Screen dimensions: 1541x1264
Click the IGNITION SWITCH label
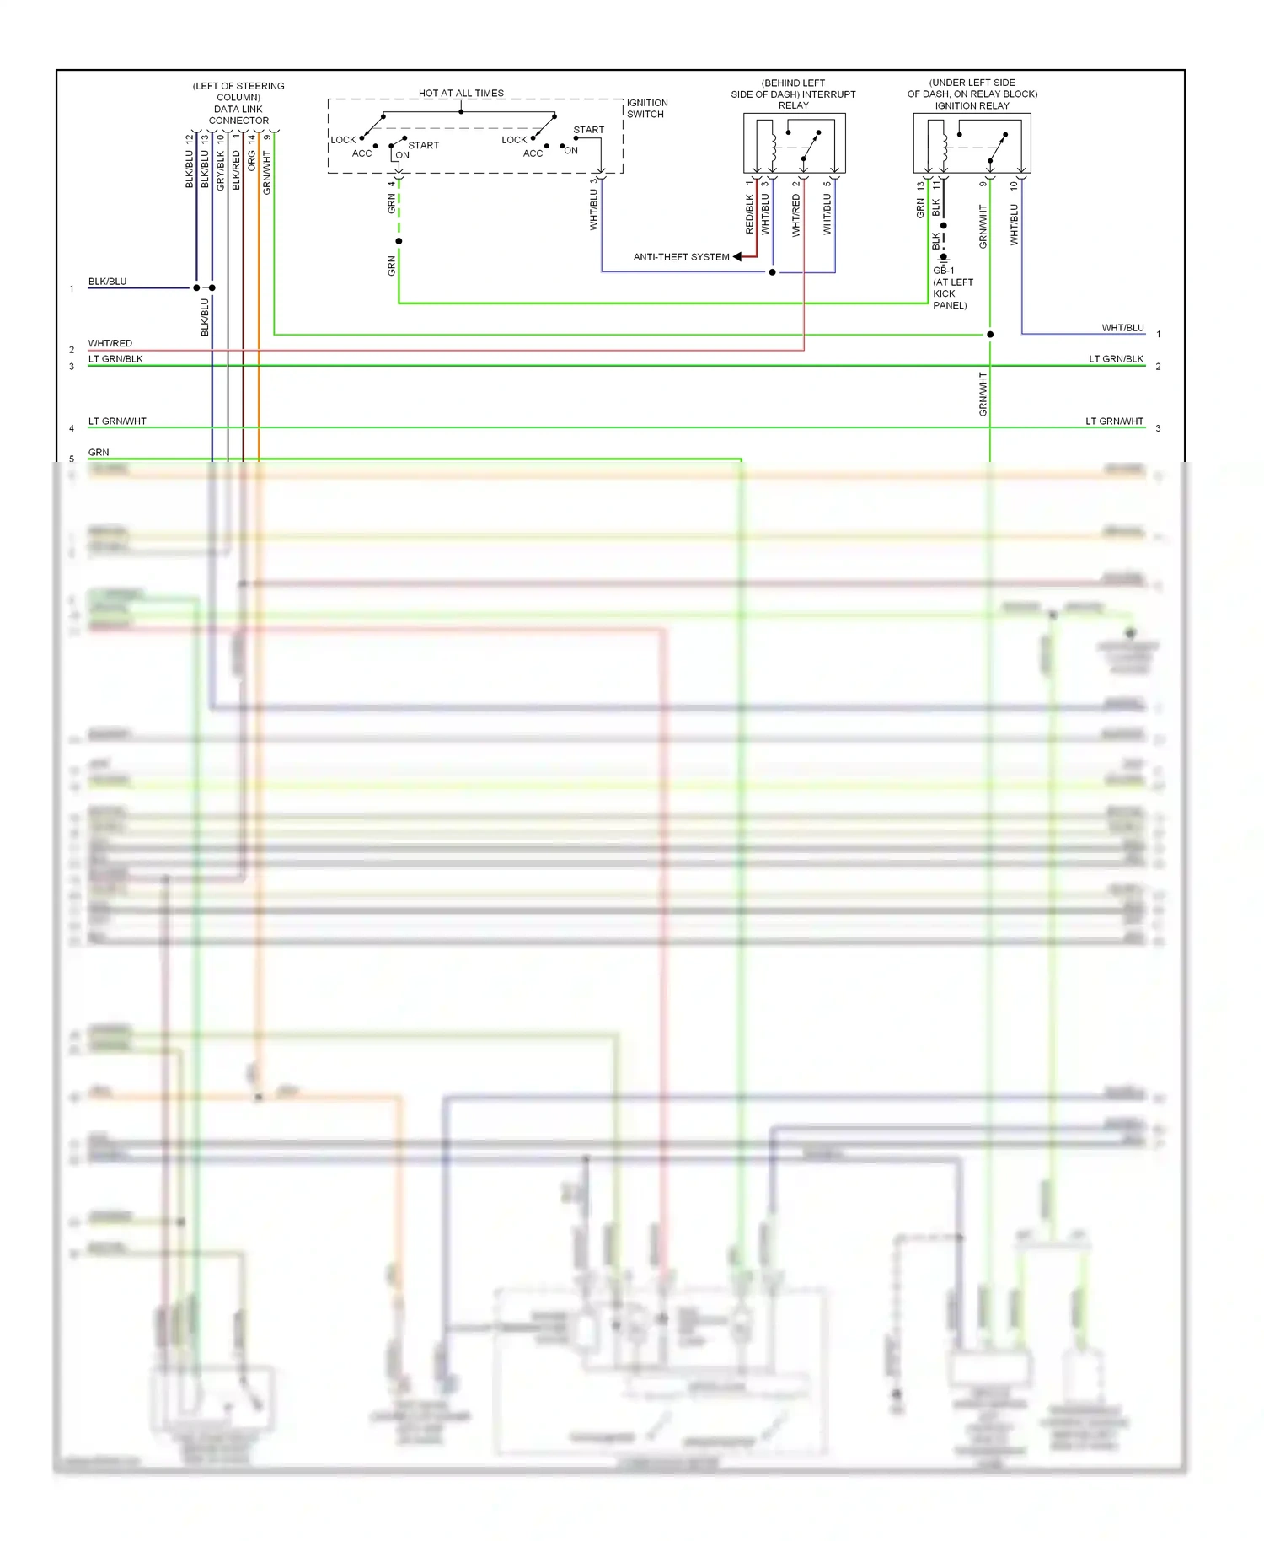(646, 109)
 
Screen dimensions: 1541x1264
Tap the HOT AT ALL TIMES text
(461, 94)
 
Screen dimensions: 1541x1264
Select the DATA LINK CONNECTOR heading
(238, 115)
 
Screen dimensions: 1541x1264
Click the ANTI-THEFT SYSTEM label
(681, 257)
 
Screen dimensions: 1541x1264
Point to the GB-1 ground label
(944, 271)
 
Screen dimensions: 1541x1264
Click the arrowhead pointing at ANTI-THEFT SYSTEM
(738, 257)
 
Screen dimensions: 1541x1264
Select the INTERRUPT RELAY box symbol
(794, 144)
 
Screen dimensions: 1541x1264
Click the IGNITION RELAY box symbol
(972, 144)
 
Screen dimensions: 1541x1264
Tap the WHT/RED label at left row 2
(110, 343)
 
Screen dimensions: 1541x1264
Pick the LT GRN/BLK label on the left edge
(115, 359)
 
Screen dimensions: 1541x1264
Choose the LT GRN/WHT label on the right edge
(1114, 421)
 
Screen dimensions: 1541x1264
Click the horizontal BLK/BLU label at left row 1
(108, 282)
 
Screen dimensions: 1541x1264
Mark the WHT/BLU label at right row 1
(1122, 328)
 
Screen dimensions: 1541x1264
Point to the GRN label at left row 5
(99, 453)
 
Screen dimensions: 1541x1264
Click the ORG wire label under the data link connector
(251, 160)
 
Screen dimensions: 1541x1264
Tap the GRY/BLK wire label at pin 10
(221, 170)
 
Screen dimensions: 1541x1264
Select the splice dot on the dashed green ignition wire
(399, 241)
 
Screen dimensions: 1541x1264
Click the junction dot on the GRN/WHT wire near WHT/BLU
(990, 335)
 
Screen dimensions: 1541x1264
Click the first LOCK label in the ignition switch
(343, 140)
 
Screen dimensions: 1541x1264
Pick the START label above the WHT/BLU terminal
(588, 130)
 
